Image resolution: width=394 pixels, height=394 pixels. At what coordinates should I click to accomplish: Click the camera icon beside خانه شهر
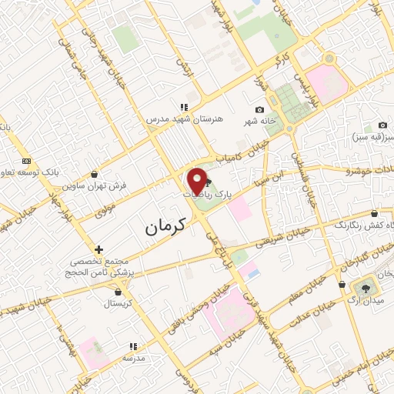pyautogui.click(x=259, y=110)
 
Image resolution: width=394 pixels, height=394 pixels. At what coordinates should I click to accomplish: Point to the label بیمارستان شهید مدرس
pyautogui.click(x=185, y=119)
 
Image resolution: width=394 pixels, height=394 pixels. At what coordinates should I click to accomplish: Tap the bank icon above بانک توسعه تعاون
pyautogui.click(x=27, y=160)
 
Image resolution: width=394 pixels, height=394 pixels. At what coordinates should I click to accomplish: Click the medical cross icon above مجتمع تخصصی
pyautogui.click(x=98, y=249)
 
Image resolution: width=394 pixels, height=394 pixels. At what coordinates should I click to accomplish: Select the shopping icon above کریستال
pyautogui.click(x=117, y=292)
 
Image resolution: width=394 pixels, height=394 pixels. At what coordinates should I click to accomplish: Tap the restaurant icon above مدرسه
pyautogui.click(x=132, y=347)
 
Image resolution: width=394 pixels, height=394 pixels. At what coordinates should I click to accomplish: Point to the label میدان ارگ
pyautogui.click(x=362, y=299)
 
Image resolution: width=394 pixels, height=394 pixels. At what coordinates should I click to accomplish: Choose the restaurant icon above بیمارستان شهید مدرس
pyautogui.click(x=183, y=107)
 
